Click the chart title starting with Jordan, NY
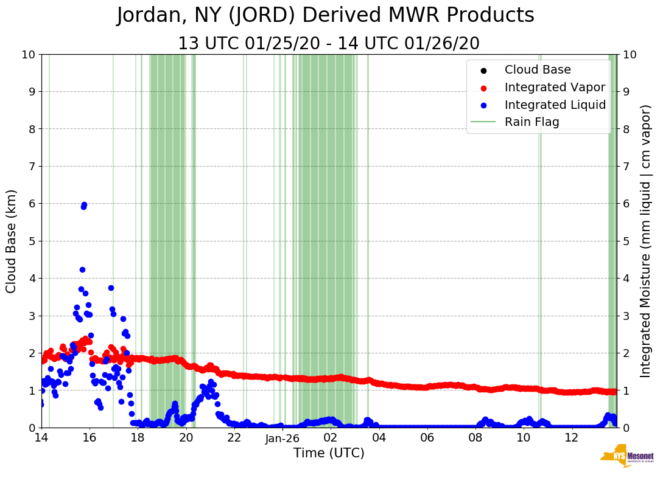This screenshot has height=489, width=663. pos(325,16)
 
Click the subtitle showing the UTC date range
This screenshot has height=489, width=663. pos(328,44)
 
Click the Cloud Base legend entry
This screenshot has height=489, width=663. pos(538,70)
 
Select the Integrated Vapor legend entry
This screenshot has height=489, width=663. pos(555,87)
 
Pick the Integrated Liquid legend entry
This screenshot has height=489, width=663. pos(555,105)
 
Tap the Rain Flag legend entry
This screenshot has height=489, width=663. pos(531,122)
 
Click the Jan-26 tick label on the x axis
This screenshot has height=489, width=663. pos(282,438)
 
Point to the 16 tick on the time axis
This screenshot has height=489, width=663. pos(89,438)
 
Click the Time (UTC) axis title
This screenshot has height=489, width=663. pos(329,453)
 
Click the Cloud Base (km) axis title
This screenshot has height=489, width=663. pos(12,241)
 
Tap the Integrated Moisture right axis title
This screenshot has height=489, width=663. pos(647,241)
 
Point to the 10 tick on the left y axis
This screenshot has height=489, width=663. pos(27,54)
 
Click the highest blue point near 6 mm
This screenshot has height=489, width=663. pos(84,205)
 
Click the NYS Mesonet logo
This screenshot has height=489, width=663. pos(626,459)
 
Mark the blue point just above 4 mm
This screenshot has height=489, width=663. pos(82,269)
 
